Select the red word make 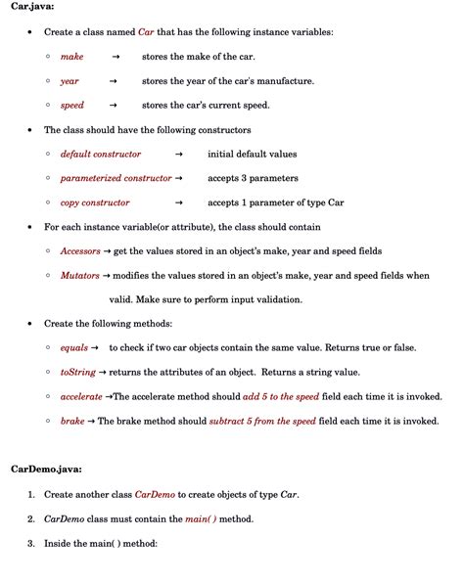pos(71,57)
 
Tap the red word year pos(70,81)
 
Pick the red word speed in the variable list pos(72,106)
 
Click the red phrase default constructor pos(100,154)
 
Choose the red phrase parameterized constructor pos(116,178)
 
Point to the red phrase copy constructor pos(95,202)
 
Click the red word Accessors pos(80,251)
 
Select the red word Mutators pos(79,276)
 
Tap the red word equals pos(73,348)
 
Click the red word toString pos(77,373)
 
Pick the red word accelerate pos(81,397)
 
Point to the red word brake pos(72,422)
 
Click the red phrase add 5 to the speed pos(283,397)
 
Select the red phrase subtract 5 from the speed pos(262,422)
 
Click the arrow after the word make pos(115,57)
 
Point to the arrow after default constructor pos(178,154)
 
